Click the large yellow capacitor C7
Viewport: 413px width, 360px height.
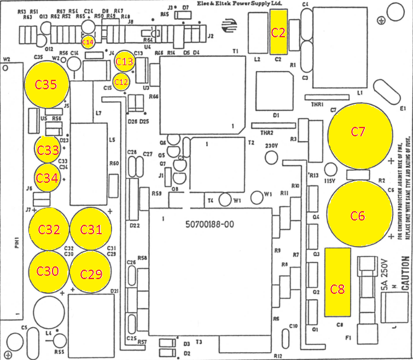tap(359, 132)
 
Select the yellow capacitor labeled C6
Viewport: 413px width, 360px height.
tap(358, 216)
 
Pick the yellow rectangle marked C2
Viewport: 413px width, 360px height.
tap(278, 32)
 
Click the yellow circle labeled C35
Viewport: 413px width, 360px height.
tap(46, 85)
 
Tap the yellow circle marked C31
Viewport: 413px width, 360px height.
tap(91, 229)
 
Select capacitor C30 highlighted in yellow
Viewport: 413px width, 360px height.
tap(48, 271)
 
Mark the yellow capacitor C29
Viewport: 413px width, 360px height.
tap(91, 272)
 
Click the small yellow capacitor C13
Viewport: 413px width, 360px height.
tap(125, 62)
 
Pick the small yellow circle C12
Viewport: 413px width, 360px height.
tap(121, 82)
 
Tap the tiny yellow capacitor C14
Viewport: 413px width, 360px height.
tap(88, 42)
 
